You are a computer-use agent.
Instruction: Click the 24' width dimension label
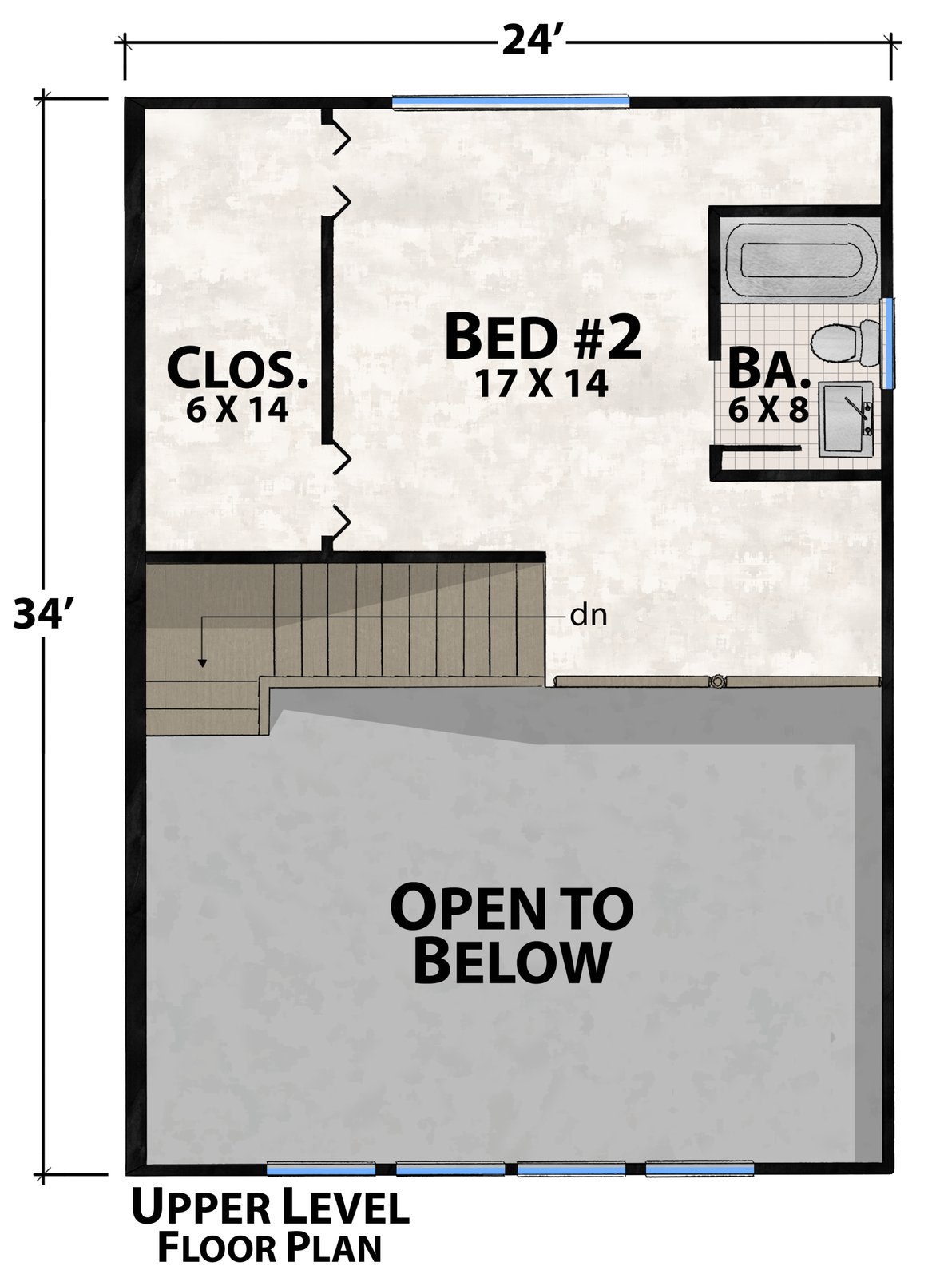[x=533, y=42]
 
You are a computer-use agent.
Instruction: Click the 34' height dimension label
[x=45, y=614]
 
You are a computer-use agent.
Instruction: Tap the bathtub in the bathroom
[x=802, y=259]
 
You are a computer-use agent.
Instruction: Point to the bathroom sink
[x=846, y=419]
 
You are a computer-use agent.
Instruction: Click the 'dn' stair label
[x=588, y=616]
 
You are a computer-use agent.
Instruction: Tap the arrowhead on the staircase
[x=201, y=662]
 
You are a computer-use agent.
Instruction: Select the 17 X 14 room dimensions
[x=541, y=383]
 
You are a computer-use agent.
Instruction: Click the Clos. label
[x=237, y=371]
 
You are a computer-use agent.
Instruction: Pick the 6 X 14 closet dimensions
[x=236, y=410]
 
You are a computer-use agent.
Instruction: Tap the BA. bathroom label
[x=769, y=370]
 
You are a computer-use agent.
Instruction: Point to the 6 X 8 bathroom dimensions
[x=768, y=409]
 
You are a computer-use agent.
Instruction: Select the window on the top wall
[x=511, y=102]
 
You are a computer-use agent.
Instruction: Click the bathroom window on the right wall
[x=887, y=343]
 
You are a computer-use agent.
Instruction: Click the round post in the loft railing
[x=717, y=681]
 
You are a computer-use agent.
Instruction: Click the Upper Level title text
[x=271, y=1205]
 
